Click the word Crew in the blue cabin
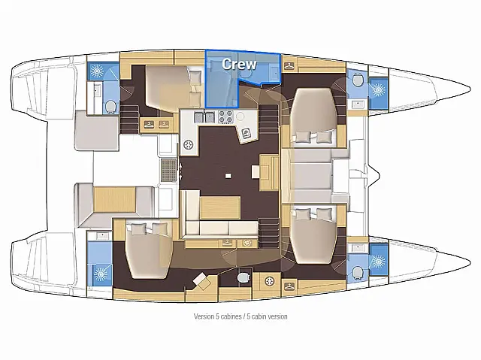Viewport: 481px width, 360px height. [x=239, y=64]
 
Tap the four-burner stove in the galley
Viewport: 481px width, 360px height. [x=225, y=117]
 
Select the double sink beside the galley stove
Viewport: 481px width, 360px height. [x=202, y=117]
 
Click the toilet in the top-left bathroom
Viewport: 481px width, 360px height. [x=110, y=105]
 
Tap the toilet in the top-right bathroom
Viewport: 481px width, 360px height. [x=356, y=80]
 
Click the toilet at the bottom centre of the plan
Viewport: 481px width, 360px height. [x=241, y=279]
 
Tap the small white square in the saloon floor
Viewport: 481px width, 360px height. [x=228, y=175]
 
